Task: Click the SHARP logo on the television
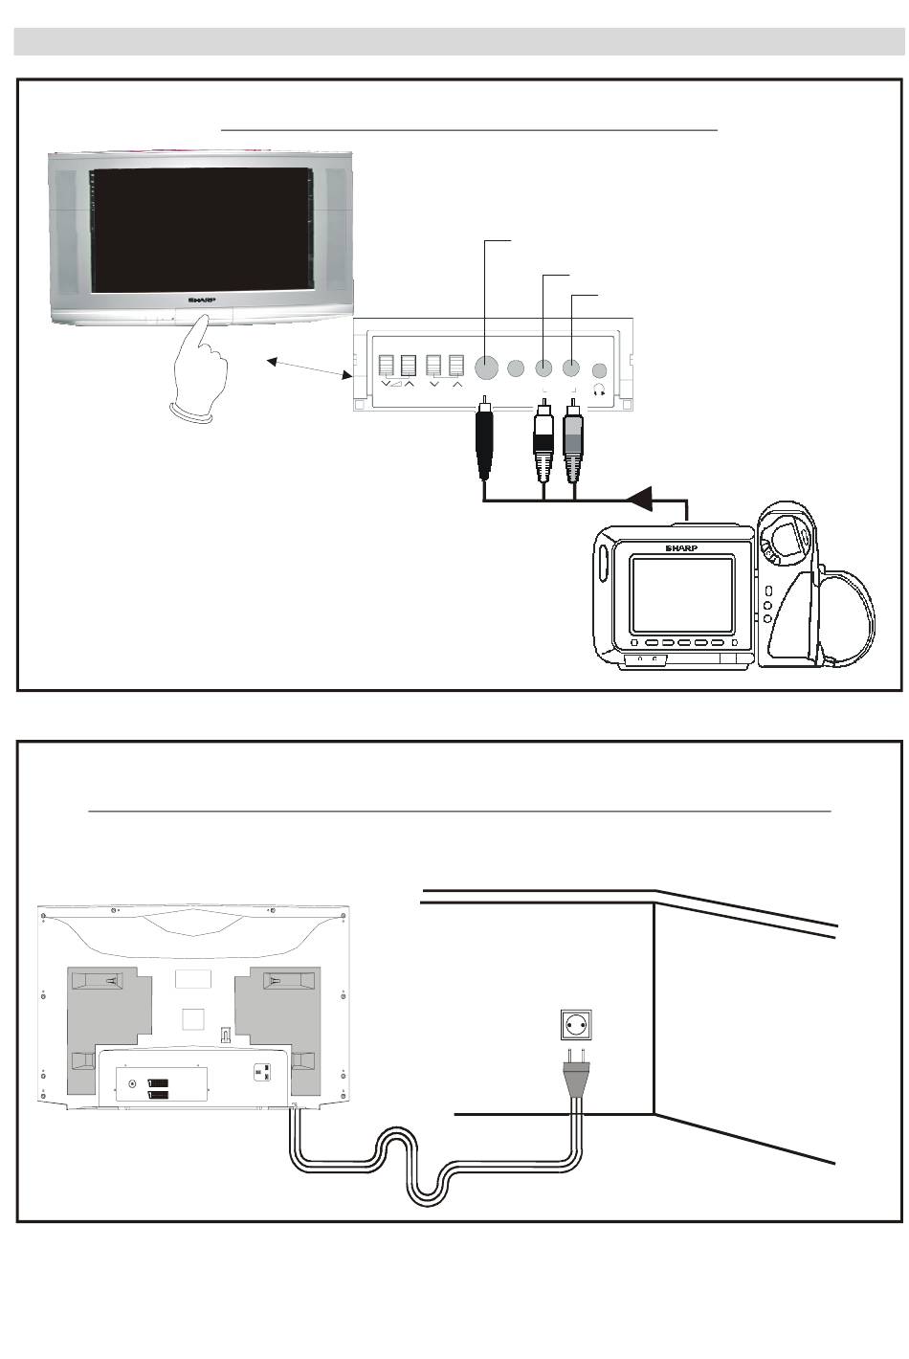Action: point(202,299)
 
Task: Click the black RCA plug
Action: point(485,441)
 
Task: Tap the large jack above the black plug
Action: point(486,368)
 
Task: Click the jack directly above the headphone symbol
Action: point(600,368)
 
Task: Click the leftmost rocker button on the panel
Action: point(388,367)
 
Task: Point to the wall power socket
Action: point(575,1026)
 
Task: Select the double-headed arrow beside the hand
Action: point(309,369)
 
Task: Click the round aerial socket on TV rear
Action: point(132,1083)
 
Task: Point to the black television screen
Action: point(201,231)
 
